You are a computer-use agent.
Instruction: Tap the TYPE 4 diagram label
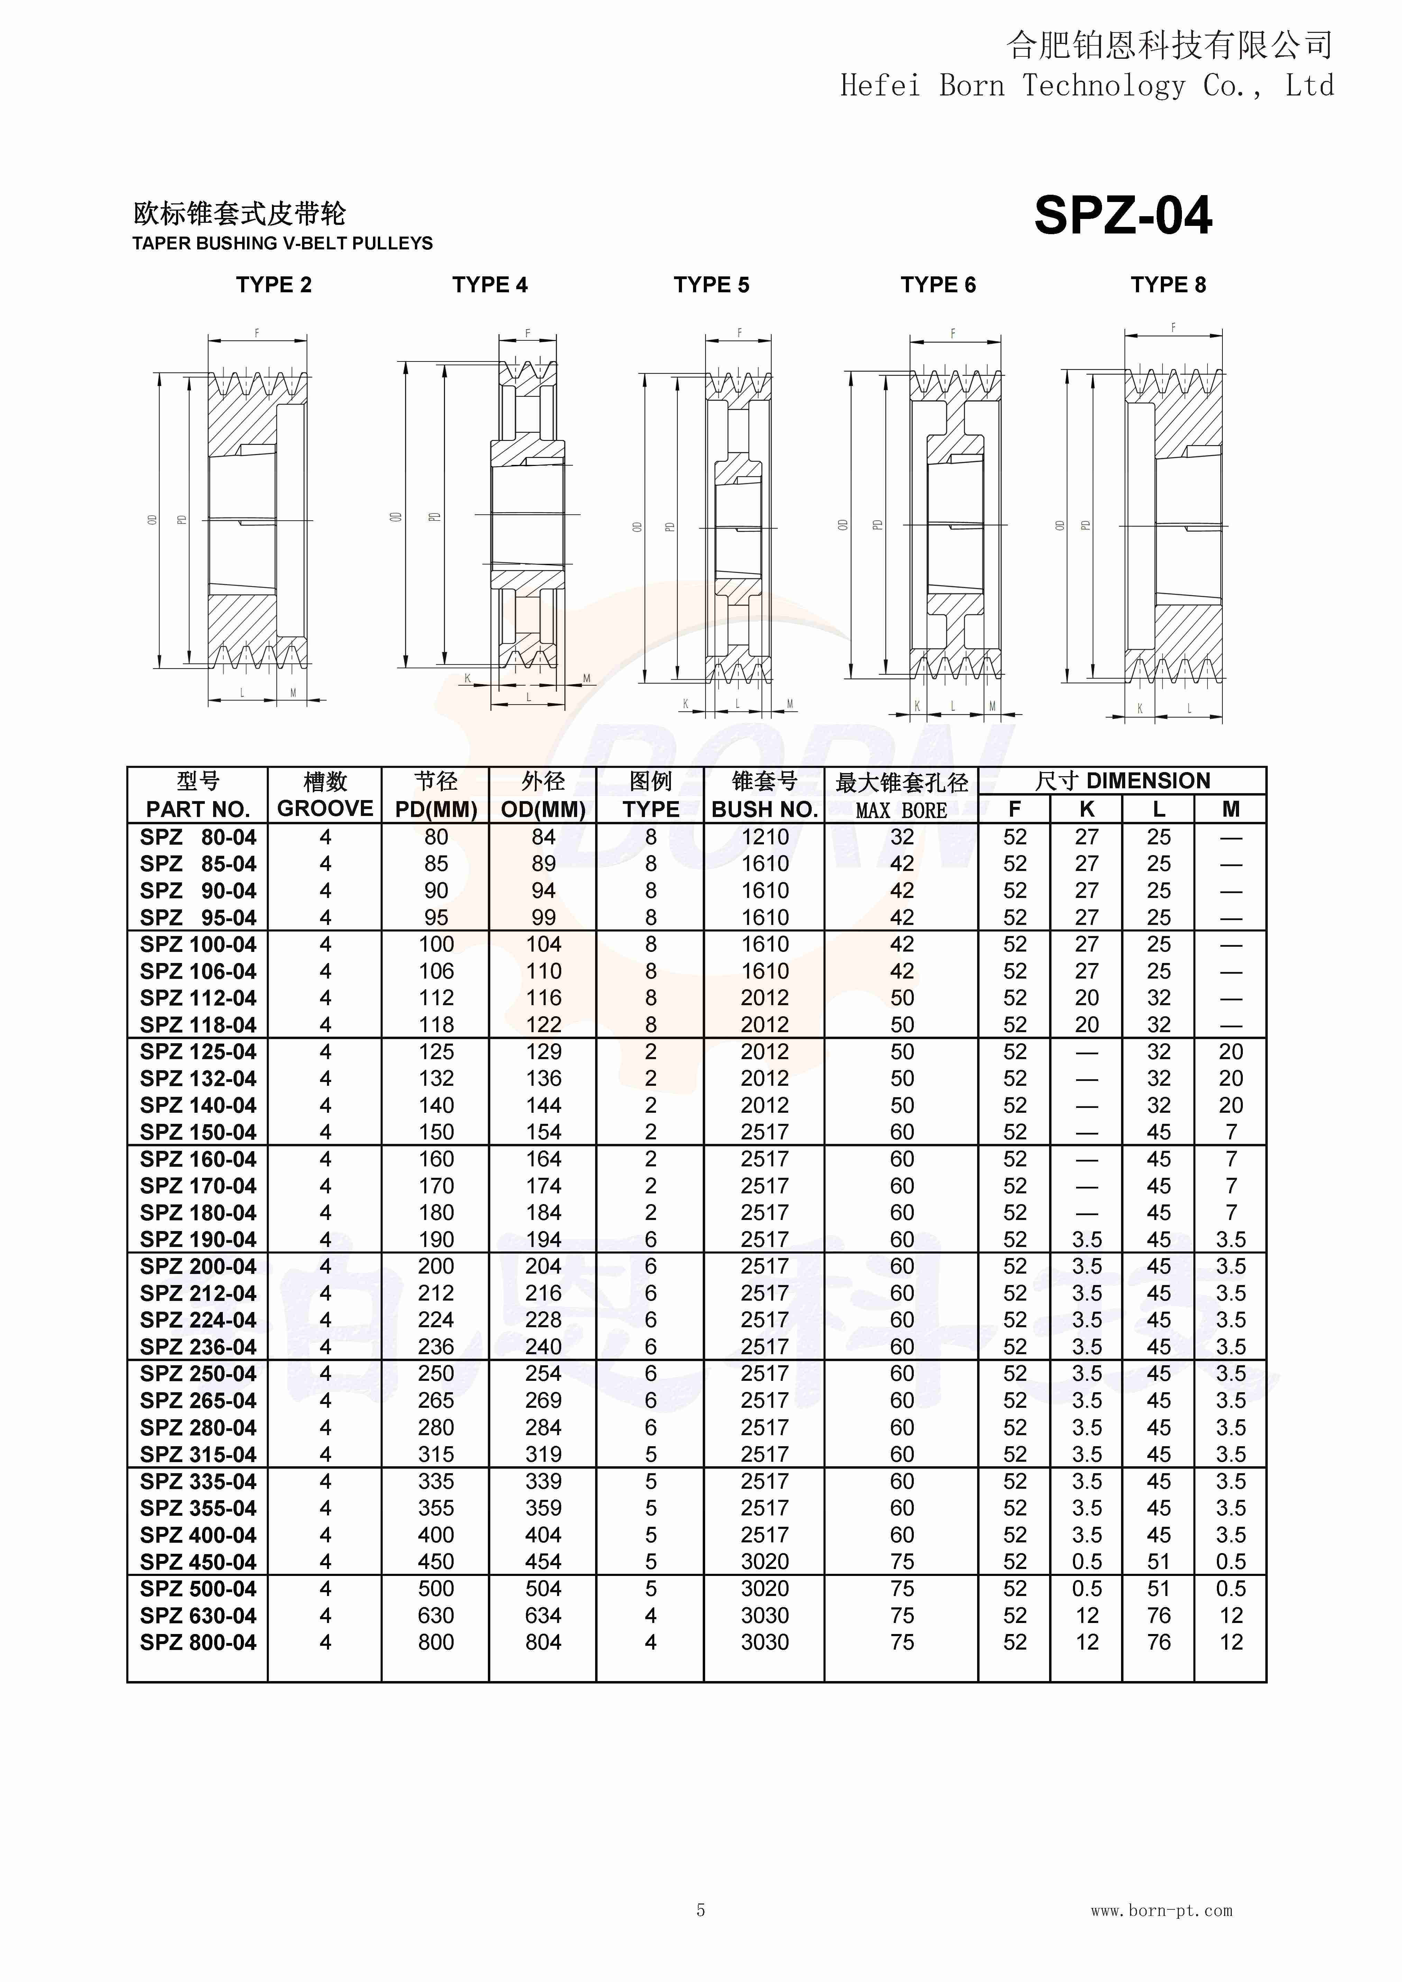point(490,285)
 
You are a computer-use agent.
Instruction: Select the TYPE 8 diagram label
point(1168,285)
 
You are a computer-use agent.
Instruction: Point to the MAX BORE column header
point(901,810)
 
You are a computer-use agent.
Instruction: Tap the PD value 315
point(436,1455)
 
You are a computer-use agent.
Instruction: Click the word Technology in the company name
point(1103,85)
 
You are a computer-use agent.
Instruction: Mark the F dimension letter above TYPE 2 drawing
point(256,333)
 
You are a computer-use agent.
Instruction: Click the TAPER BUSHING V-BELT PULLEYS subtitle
point(282,244)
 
